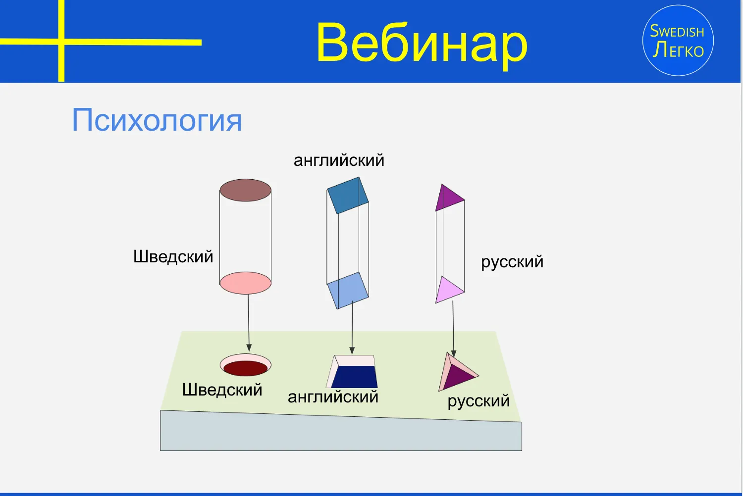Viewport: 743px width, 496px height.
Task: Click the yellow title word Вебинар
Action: point(422,44)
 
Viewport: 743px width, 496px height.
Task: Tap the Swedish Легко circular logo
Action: point(678,41)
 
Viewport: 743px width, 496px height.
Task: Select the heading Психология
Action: point(157,120)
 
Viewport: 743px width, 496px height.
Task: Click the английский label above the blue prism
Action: point(339,161)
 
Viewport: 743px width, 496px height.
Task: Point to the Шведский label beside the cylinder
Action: point(173,256)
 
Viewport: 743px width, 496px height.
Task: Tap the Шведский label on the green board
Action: point(222,390)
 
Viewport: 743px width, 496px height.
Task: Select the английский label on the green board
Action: point(333,397)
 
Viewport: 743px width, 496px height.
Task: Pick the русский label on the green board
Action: point(478,401)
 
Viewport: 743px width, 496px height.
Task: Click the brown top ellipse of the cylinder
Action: point(246,190)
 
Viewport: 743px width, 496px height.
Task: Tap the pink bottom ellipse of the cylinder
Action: point(246,283)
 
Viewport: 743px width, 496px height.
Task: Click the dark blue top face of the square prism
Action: point(348,196)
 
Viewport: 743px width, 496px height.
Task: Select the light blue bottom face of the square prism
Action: point(348,291)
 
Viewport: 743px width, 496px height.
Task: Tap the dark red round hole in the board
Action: point(246,368)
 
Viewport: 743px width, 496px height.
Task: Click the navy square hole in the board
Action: point(355,377)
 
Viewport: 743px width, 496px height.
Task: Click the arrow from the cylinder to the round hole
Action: point(249,323)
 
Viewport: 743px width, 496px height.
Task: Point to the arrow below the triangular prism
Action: point(453,329)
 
